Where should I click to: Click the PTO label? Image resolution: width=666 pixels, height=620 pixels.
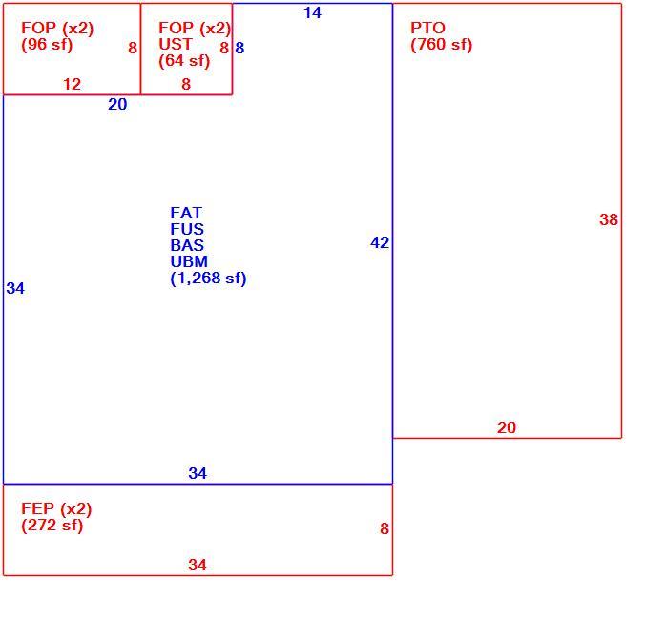point(427,28)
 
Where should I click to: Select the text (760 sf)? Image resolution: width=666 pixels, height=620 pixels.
point(442,44)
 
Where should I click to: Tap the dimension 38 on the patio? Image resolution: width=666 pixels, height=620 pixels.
point(608,219)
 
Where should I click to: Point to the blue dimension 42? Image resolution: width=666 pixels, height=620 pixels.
point(380,242)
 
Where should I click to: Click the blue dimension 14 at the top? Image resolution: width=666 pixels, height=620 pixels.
point(312,12)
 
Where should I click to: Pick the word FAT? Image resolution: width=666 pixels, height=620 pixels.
point(186,213)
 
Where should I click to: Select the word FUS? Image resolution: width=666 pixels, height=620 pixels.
point(187,229)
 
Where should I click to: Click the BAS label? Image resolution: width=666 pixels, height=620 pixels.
point(187,245)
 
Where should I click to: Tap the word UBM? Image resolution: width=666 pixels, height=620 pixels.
point(189,261)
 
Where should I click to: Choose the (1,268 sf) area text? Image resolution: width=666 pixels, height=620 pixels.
point(208,279)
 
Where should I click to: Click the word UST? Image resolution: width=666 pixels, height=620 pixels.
point(175,44)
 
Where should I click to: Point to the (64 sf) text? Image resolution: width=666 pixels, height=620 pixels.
point(184,61)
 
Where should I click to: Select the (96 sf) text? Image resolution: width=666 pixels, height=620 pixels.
point(47,44)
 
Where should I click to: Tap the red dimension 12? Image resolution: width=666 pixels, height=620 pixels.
point(72,84)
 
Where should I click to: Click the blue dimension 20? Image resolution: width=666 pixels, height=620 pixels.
point(117,104)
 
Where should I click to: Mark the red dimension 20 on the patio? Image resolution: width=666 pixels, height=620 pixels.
point(507,427)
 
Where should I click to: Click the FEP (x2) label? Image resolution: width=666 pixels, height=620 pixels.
point(56,508)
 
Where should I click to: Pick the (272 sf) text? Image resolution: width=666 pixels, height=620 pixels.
point(52,526)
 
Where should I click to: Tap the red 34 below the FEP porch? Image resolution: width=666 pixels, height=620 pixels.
point(198,565)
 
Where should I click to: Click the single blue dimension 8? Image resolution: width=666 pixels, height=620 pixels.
point(239,48)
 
